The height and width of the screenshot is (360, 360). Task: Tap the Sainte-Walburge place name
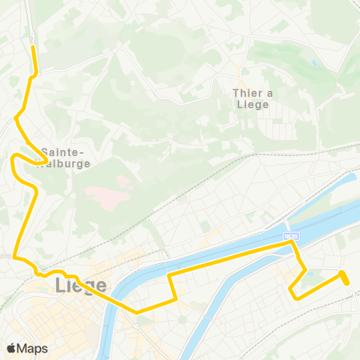point(67,156)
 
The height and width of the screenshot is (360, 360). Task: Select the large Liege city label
point(81,286)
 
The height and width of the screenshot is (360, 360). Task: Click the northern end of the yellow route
point(33,48)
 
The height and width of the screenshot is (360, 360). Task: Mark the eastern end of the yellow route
point(346,282)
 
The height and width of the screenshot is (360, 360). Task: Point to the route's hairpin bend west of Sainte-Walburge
point(13,157)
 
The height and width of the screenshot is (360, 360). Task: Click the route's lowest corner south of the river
point(136,311)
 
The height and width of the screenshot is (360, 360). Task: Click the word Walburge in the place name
point(67,163)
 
